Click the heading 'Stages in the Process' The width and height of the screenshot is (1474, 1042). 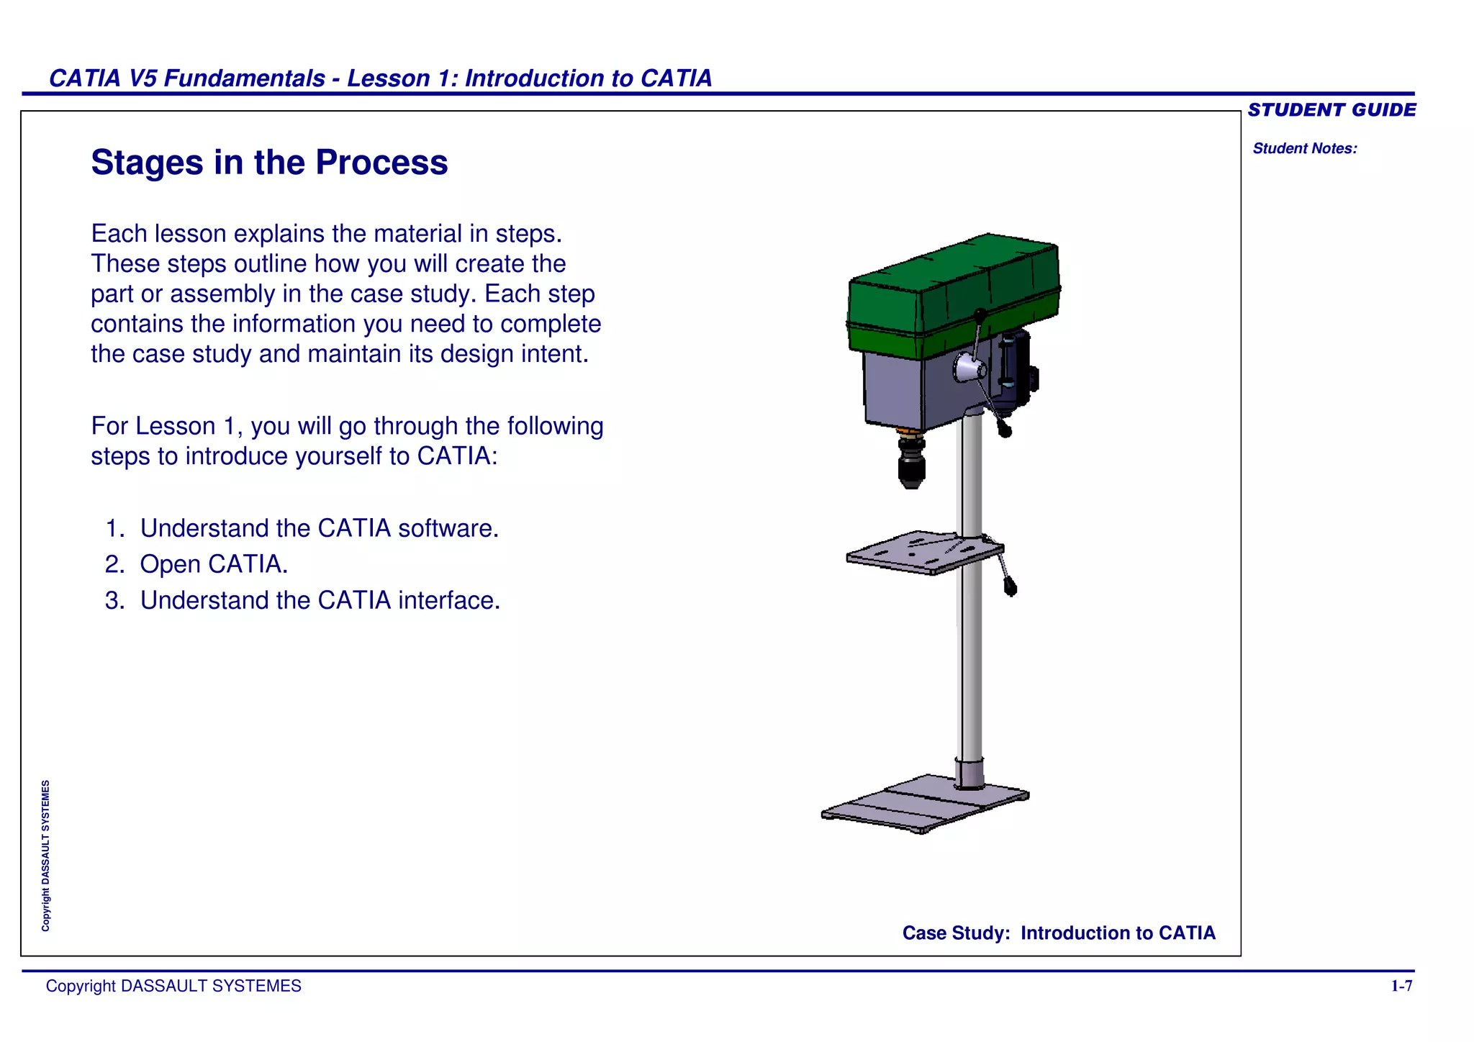pyautogui.click(x=269, y=163)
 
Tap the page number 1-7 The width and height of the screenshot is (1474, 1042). pyautogui.click(x=1401, y=986)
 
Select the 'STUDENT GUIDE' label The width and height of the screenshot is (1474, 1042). pyautogui.click(x=1331, y=110)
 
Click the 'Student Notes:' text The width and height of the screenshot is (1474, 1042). pyautogui.click(x=1304, y=149)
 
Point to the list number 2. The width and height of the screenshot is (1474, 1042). pyautogui.click(x=114, y=564)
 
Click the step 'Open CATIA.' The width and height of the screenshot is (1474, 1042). pyautogui.click(x=214, y=564)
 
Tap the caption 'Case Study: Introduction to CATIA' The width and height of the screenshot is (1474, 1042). pyautogui.click(x=1058, y=933)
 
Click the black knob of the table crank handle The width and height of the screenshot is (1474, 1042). pyautogui.click(x=1010, y=589)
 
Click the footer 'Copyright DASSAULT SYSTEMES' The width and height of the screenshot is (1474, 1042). pyautogui.click(x=173, y=986)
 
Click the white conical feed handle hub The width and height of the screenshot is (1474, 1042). pyautogui.click(x=969, y=368)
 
